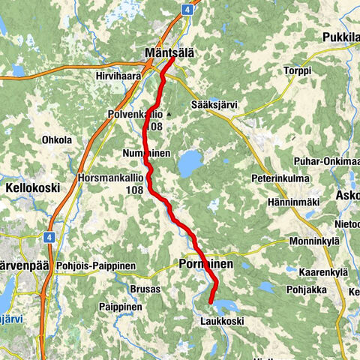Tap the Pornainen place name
(206, 265)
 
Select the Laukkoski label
(221, 321)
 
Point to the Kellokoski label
(32, 187)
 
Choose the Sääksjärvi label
(214, 105)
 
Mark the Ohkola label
(57, 139)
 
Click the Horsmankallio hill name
(110, 178)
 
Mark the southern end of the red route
(211, 302)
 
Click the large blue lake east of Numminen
(190, 161)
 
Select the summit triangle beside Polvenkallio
(170, 115)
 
